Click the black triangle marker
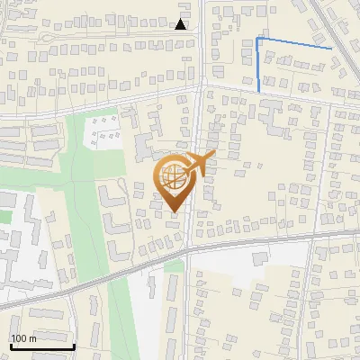pyautogui.click(x=181, y=24)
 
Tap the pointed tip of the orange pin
pyautogui.click(x=175, y=211)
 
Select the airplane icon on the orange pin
pyautogui.click(x=200, y=164)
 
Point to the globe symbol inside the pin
pyautogui.click(x=174, y=177)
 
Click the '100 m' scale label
pyautogui.click(x=23, y=338)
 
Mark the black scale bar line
pyautogui.click(x=41, y=346)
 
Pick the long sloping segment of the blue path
pyautogui.click(x=295, y=43)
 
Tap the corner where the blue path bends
pyautogui.click(x=258, y=39)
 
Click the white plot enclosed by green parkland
pyautogui.click(x=105, y=131)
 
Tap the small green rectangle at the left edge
pyautogui.click(x=5, y=216)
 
